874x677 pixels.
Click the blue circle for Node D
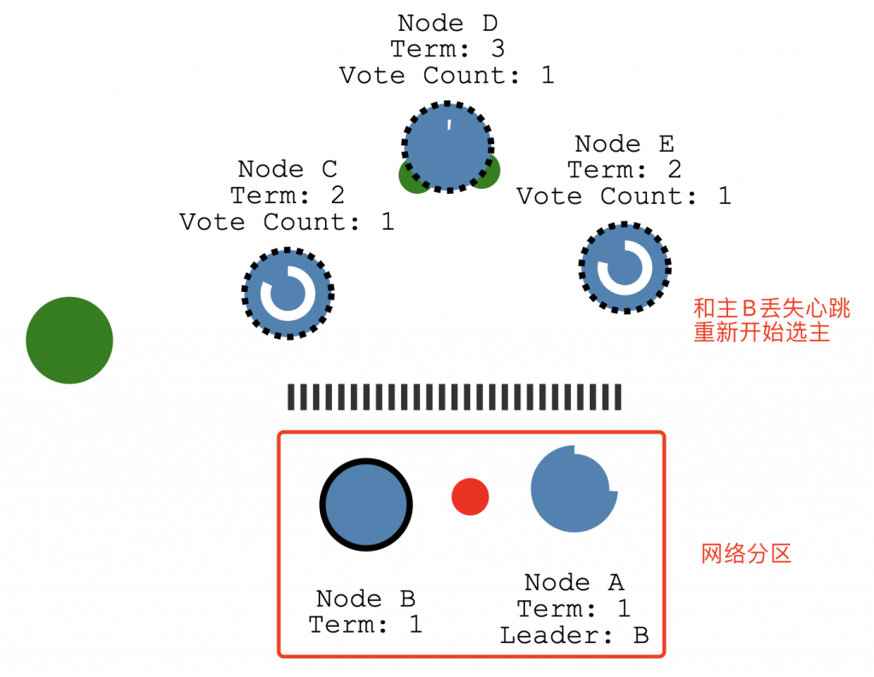tap(448, 147)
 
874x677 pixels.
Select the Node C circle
tap(288, 294)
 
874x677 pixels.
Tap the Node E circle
tap(625, 267)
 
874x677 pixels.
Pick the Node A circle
tap(573, 489)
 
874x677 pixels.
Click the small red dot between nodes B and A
tap(470, 497)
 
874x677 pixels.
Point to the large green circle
tap(69, 340)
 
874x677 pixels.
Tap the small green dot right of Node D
tap(487, 173)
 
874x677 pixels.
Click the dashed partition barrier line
tap(454, 397)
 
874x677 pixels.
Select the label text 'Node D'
tap(447, 23)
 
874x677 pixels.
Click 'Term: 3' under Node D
tap(447, 49)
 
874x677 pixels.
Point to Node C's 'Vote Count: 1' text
tap(287, 222)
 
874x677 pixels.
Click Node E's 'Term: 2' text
tap(624, 170)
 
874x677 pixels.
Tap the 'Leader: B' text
tap(574, 636)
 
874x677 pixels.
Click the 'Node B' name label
tap(365, 598)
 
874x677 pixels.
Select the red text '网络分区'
tap(746, 554)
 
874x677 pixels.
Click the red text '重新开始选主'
tap(761, 332)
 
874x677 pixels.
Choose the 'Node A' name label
tap(574, 582)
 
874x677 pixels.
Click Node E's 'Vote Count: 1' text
tap(624, 196)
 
